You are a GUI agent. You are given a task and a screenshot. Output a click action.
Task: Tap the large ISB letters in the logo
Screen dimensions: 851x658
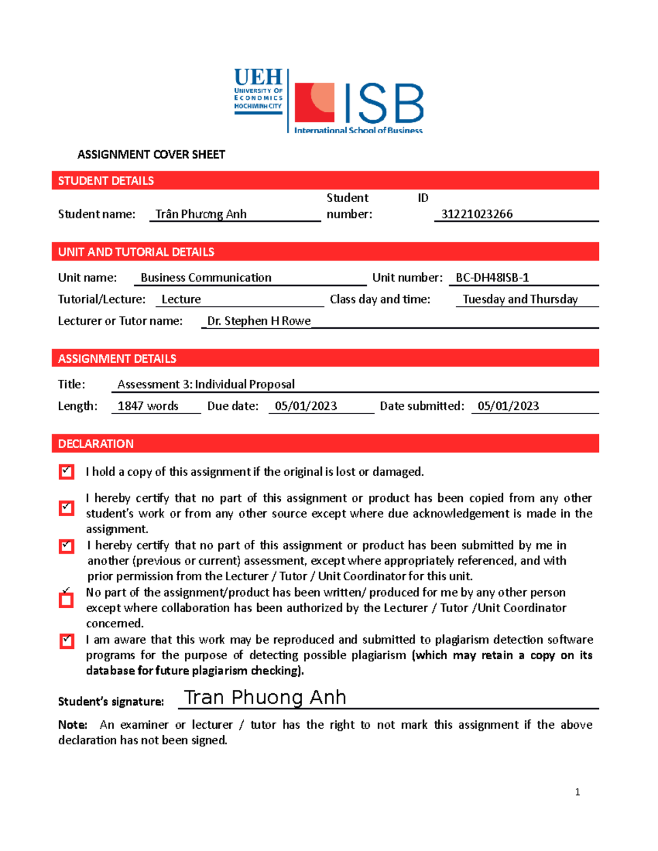pyautogui.click(x=383, y=104)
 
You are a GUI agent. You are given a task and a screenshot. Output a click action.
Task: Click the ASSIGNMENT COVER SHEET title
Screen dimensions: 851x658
pyautogui.click(x=151, y=155)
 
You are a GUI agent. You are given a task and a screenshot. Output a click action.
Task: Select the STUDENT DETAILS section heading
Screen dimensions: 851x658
pyautogui.click(x=106, y=181)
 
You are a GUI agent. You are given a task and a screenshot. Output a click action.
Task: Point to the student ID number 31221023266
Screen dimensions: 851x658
pyautogui.click(x=477, y=214)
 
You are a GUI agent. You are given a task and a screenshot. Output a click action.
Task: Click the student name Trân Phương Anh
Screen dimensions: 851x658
pyautogui.click(x=201, y=214)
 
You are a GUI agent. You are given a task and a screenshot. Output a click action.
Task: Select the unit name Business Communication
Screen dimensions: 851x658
pyautogui.click(x=206, y=278)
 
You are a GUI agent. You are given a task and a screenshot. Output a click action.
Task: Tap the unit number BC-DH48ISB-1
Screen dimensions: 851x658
pyautogui.click(x=492, y=278)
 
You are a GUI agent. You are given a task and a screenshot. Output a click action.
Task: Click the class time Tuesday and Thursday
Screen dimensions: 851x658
pyautogui.click(x=520, y=299)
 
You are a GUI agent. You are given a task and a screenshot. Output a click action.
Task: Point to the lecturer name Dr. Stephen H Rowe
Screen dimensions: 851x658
pyautogui.click(x=259, y=321)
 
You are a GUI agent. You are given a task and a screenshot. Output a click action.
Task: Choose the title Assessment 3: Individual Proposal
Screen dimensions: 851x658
pyautogui.click(x=206, y=384)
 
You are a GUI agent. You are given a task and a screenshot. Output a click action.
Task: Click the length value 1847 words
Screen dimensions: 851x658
pyautogui.click(x=148, y=406)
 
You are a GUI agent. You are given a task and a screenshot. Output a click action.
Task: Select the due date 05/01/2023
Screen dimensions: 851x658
pyautogui.click(x=305, y=406)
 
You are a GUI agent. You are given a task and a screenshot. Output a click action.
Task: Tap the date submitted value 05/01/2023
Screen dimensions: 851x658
pyautogui.click(x=508, y=406)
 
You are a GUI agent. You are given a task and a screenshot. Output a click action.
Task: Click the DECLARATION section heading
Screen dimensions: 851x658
pyautogui.click(x=96, y=444)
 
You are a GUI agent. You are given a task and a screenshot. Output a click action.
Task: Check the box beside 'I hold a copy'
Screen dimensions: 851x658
pyautogui.click(x=66, y=472)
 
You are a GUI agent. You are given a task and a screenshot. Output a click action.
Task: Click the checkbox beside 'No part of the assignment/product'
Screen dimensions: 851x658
pyautogui.click(x=66, y=600)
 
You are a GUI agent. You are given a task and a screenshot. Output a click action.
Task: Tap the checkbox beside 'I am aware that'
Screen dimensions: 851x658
pyautogui.click(x=66, y=641)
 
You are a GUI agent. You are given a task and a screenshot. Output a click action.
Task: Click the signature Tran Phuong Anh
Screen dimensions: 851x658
pyautogui.click(x=265, y=698)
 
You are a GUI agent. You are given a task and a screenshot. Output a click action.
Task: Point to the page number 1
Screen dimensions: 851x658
pyautogui.click(x=577, y=792)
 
